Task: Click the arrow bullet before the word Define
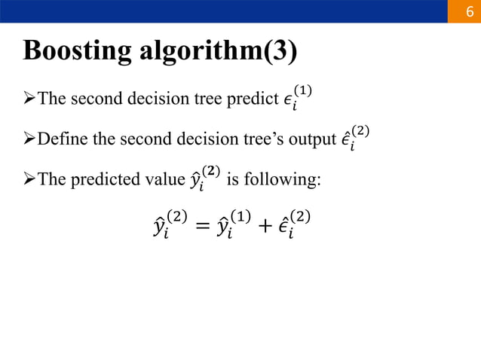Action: point(29,140)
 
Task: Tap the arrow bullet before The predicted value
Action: point(29,181)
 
